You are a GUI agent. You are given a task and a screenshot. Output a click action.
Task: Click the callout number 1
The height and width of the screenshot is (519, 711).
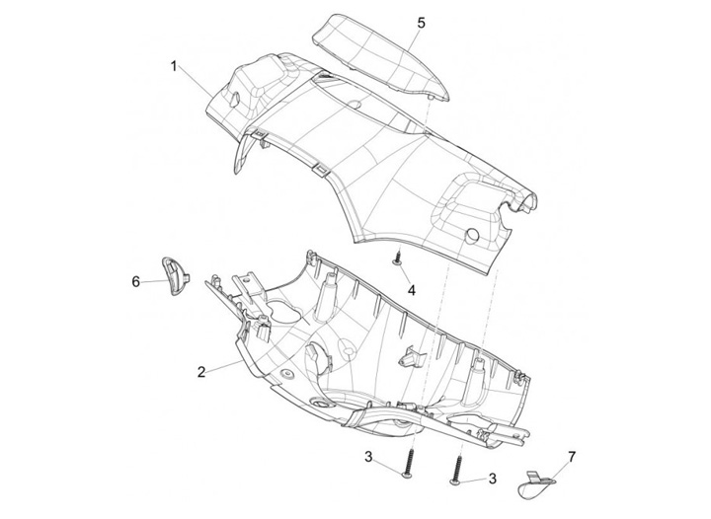pos(174,66)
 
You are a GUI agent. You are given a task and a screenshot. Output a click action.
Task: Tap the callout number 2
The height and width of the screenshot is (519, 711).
pos(200,372)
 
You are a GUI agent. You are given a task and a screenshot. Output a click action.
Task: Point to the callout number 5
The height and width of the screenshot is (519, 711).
pos(420,21)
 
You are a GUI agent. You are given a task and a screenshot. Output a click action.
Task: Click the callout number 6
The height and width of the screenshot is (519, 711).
pos(136,281)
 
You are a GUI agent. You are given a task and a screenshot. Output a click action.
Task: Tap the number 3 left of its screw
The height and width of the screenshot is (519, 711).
pos(367,457)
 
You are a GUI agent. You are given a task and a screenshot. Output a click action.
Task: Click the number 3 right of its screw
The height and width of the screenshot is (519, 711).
pos(491,479)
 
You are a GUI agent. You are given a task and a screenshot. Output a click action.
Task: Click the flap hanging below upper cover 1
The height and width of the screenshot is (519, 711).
pos(241,154)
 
